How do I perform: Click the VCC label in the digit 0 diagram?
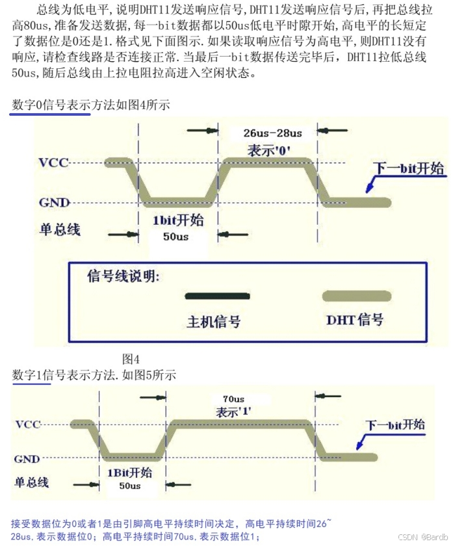click(x=53, y=162)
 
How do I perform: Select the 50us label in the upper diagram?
click(x=175, y=237)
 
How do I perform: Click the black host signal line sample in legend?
click(x=217, y=296)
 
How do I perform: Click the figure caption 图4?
click(x=131, y=359)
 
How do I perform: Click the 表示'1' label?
click(x=234, y=411)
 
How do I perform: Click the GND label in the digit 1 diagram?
click(x=27, y=458)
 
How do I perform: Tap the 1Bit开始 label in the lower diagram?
click(x=129, y=473)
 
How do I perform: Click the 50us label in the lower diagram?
click(x=129, y=486)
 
